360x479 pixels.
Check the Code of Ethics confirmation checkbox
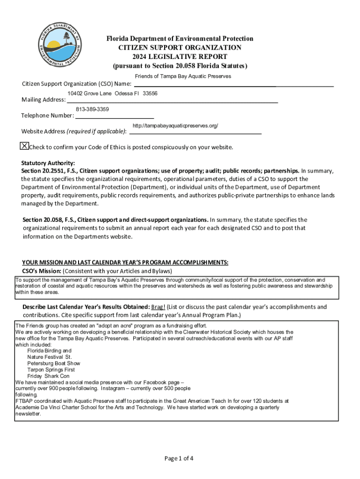point(24,146)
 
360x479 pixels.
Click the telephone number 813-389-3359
point(92,109)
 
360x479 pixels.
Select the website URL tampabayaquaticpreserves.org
point(175,126)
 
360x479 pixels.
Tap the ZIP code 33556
point(150,94)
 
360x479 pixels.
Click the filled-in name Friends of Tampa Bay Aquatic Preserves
point(183,76)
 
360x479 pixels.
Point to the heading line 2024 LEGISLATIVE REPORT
point(180,57)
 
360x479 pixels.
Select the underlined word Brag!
point(158,307)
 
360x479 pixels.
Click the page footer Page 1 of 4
point(179,458)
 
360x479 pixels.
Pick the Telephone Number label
point(47,116)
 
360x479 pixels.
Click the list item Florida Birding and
point(49,350)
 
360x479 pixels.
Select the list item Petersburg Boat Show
point(53,363)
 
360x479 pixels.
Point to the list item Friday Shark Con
point(48,376)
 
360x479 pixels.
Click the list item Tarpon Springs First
point(51,370)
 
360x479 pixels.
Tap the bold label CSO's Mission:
point(42,271)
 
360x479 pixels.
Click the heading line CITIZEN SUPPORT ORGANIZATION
point(180,48)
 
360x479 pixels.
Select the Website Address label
point(43,131)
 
